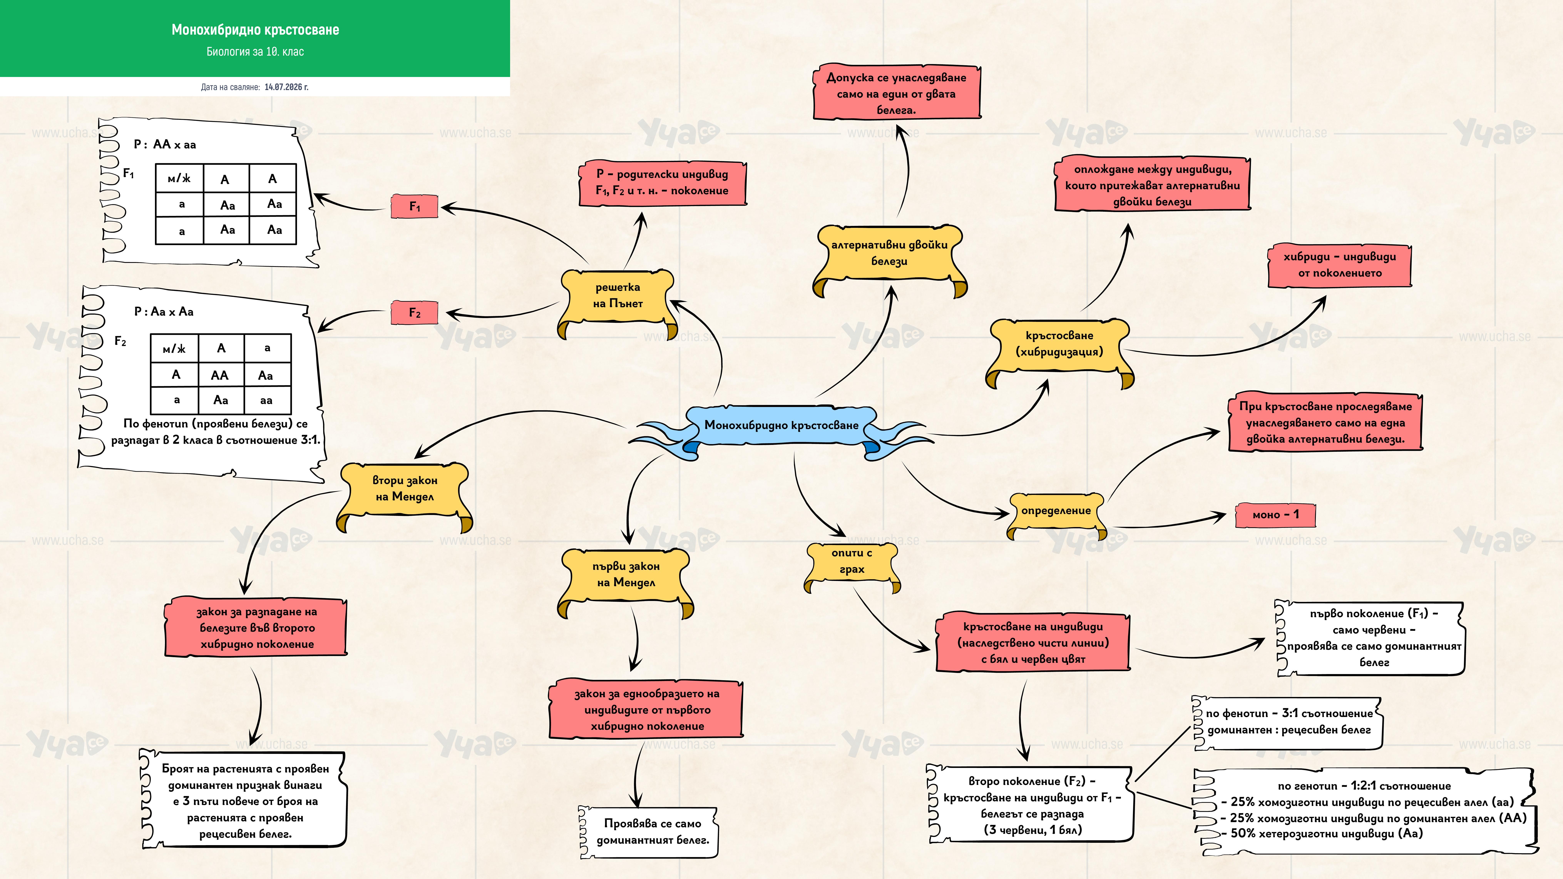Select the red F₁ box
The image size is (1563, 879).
(414, 206)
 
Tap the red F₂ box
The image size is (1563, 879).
(414, 312)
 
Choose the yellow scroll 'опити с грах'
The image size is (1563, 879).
(852, 565)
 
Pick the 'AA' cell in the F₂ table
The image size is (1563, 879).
(220, 375)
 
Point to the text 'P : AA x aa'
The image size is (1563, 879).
(165, 144)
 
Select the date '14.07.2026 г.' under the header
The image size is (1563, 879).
(286, 87)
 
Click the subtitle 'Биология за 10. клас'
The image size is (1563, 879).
(255, 52)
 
